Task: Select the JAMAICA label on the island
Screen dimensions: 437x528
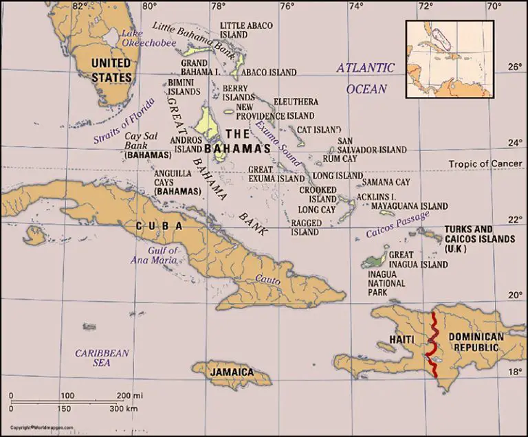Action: coord(231,372)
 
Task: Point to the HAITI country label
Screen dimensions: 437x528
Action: coord(402,339)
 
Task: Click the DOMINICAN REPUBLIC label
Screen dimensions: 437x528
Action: coord(476,343)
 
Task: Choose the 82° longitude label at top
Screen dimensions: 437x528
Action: coord(81,8)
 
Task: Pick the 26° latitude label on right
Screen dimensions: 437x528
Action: coord(515,68)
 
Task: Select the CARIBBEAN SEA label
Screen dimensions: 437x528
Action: coord(102,357)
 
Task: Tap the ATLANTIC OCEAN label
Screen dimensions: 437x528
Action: coord(365,78)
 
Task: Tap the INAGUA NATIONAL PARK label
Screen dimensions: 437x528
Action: coord(387,283)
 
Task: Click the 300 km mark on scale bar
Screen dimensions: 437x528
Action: coord(124,410)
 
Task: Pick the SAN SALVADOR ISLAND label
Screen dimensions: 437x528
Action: coord(372,146)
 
